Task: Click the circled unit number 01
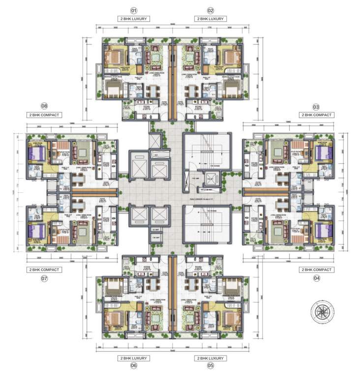pyautogui.click(x=133, y=10)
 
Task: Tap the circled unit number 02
pyautogui.click(x=210, y=10)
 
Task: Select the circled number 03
pyautogui.click(x=316, y=106)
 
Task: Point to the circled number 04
pyautogui.click(x=316, y=278)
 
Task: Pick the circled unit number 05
pyautogui.click(x=210, y=366)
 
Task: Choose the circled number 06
pyautogui.click(x=133, y=366)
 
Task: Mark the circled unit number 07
pyautogui.click(x=44, y=278)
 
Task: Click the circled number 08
pyautogui.click(x=44, y=106)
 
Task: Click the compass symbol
pyautogui.click(x=323, y=312)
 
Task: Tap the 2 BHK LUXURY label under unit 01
pyautogui.click(x=133, y=19)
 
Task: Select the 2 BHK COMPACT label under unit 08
pyautogui.click(x=44, y=115)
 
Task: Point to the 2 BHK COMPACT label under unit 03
pyautogui.click(x=316, y=115)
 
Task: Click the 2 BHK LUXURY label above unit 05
pyautogui.click(x=210, y=358)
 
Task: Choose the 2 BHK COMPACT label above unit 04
pyautogui.click(x=316, y=270)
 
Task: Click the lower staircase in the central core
pyautogui.click(x=207, y=224)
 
